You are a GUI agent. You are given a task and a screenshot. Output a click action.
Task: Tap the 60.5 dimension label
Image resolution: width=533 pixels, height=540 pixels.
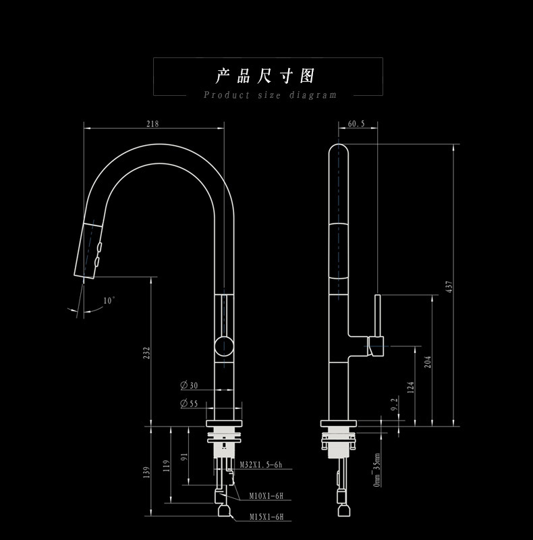tap(356, 124)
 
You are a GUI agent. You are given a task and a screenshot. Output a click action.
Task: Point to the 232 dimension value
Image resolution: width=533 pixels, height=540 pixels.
tap(147, 352)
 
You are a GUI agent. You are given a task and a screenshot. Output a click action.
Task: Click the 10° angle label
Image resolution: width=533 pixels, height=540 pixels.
tap(109, 300)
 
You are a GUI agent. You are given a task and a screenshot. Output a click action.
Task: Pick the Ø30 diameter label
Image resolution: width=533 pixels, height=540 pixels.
tap(189, 385)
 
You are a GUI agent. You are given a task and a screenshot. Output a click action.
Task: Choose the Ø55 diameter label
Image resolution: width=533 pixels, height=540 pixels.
tap(189, 404)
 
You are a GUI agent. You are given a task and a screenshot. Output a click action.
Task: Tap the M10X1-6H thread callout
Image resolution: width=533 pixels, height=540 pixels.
tap(266, 495)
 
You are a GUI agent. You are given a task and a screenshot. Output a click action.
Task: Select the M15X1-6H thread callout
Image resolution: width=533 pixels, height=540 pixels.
tap(266, 517)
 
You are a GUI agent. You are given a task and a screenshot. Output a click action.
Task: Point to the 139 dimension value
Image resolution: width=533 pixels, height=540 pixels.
tap(147, 473)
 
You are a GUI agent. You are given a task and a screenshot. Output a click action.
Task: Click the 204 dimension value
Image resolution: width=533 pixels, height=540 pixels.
tap(427, 362)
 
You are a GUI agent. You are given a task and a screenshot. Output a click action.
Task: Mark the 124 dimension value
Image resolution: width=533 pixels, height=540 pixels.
tap(410, 387)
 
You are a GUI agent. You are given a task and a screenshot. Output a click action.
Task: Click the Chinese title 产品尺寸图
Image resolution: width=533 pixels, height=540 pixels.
tap(266, 75)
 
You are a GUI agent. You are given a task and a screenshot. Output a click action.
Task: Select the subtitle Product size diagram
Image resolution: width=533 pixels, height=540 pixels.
tap(270, 95)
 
